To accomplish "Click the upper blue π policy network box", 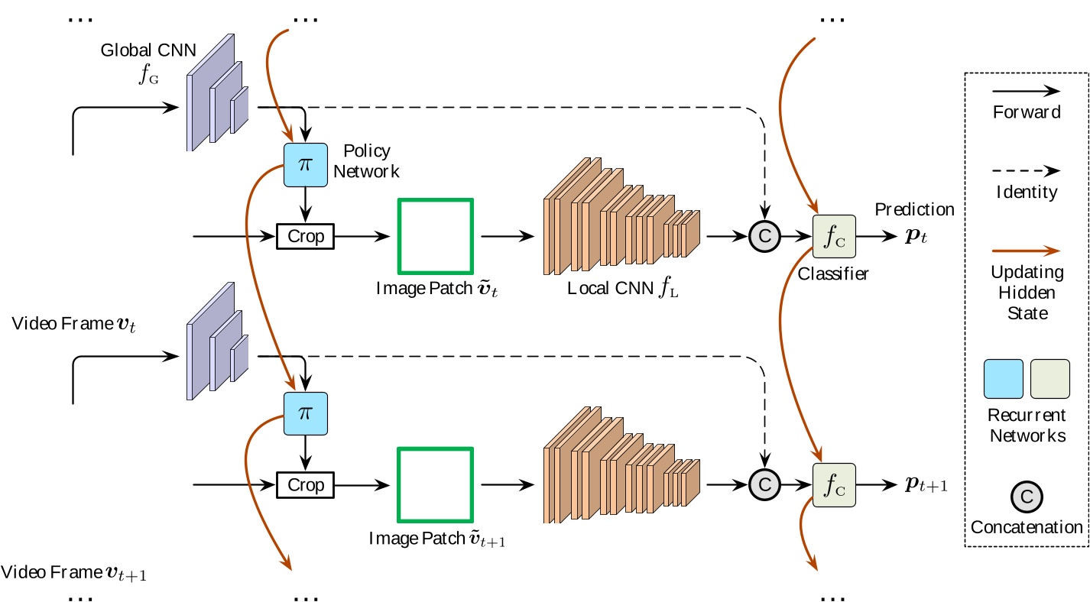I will tap(305, 165).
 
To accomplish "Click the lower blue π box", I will tap(305, 413).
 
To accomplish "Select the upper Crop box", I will tap(305, 236).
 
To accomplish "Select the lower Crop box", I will tap(305, 484).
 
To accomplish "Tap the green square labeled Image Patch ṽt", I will tap(436, 236).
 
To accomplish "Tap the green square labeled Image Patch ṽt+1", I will tap(436, 484).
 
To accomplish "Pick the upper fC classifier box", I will tap(834, 237).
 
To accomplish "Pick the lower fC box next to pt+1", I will tap(834, 484).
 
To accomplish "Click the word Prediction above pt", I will tap(914, 209).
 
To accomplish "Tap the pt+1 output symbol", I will tap(926, 484).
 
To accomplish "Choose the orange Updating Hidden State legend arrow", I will tap(1026, 249).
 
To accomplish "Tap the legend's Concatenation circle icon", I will tap(1027, 497).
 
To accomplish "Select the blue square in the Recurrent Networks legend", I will tap(1003, 380).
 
